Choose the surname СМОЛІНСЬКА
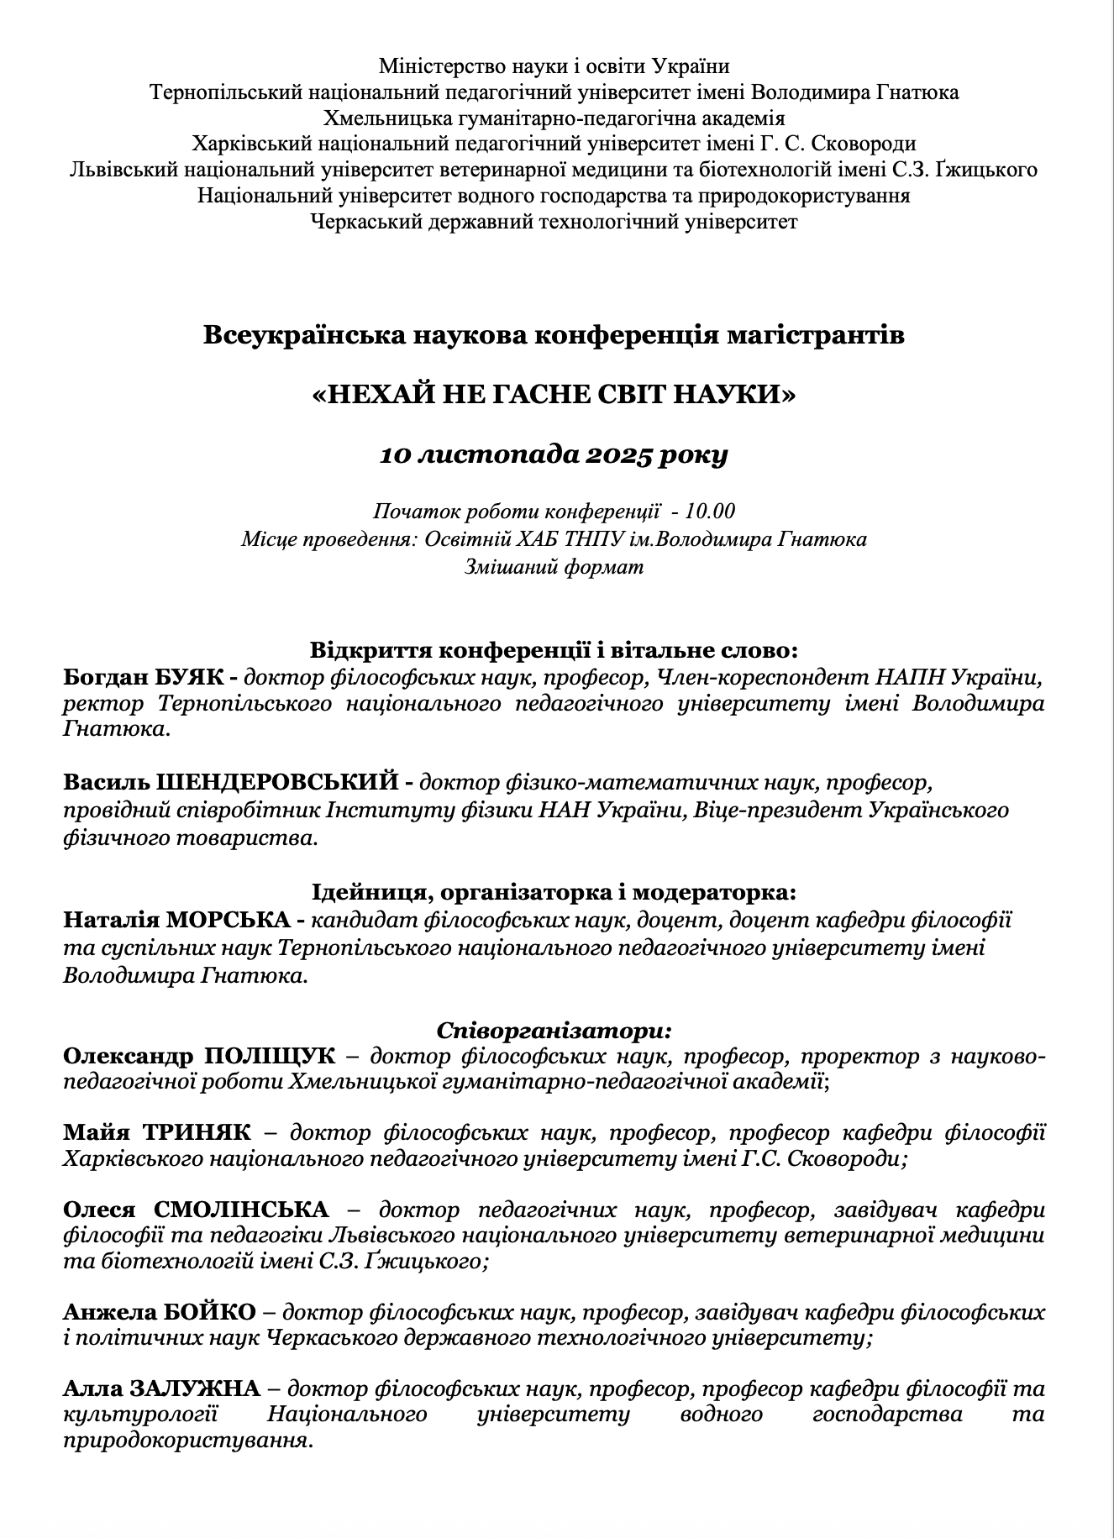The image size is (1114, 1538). (x=242, y=1209)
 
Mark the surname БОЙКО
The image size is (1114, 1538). (x=216, y=1310)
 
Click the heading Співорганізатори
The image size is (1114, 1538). (x=554, y=1030)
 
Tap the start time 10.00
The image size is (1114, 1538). (x=710, y=511)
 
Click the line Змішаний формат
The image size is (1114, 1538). (x=554, y=566)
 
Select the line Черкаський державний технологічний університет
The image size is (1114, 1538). (x=554, y=222)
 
